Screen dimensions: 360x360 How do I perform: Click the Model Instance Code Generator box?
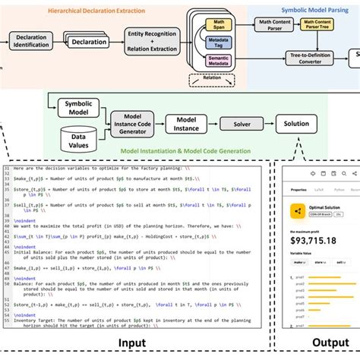[x=137, y=124]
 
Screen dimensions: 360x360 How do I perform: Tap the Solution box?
[x=297, y=124]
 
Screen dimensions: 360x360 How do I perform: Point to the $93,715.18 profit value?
[x=314, y=242]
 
